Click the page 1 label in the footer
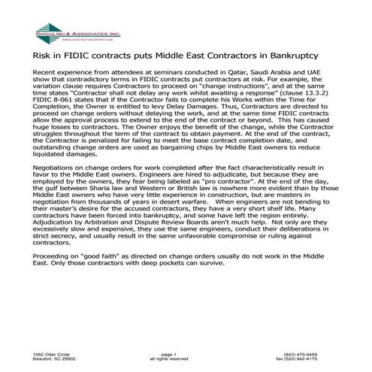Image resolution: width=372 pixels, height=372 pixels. click(x=168, y=354)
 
